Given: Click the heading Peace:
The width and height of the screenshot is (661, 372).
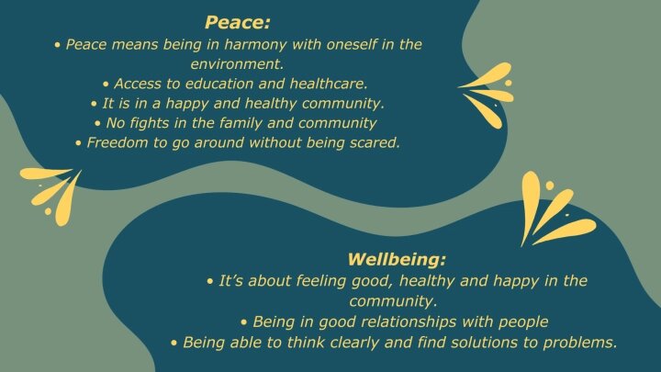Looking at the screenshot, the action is point(238,22).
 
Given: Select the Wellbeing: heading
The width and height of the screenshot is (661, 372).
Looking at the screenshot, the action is point(397,259).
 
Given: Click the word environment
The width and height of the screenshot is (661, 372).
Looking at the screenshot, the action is point(237,64).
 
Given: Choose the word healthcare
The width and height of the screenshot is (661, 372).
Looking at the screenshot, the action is point(329,84).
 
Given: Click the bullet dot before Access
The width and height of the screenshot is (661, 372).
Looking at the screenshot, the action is point(106,85).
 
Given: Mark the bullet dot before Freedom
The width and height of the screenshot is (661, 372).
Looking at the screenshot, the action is point(78,143).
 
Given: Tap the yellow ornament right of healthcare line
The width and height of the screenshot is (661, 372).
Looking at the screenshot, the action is point(490,94).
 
